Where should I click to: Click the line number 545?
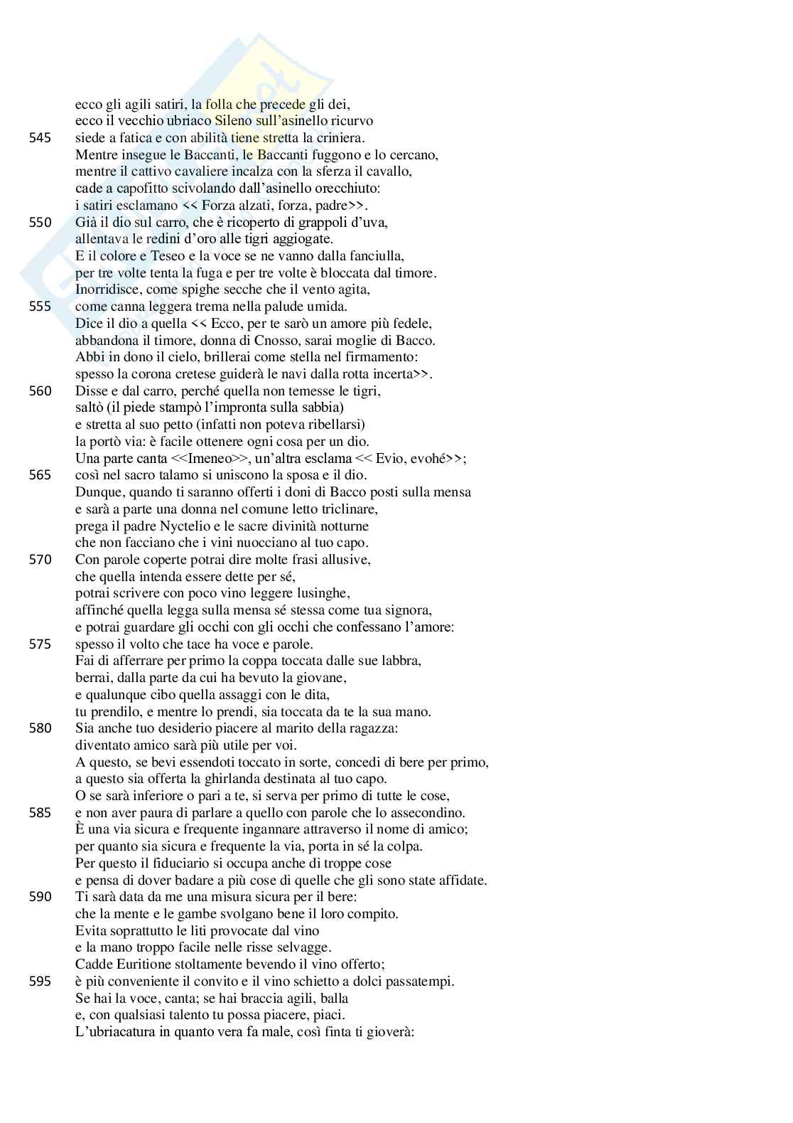tap(40, 138)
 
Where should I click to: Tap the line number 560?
tap(40, 391)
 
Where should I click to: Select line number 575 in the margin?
tap(40, 644)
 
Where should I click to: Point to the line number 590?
tap(40, 897)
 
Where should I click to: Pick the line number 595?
tap(40, 981)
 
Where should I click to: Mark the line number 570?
tap(40, 560)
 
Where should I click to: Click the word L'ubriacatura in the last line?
tap(110, 1031)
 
